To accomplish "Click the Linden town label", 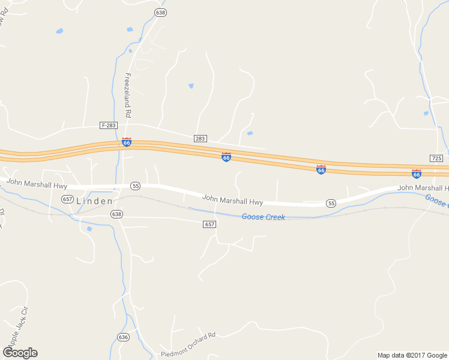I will point(94,201).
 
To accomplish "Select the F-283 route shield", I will point(109,125).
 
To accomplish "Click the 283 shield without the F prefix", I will point(200,139).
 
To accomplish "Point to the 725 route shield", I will point(436,158).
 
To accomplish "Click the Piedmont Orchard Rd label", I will point(188,345).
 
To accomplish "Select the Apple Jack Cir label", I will point(16,326).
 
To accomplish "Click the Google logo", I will point(20,352).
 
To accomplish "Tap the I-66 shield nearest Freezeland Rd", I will point(127,142).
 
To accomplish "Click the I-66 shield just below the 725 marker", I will point(417,173).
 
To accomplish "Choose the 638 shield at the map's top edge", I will point(160,12).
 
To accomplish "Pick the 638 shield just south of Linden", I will point(116,214).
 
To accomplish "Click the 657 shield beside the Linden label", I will point(67,199).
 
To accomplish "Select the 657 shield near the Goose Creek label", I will point(209,224).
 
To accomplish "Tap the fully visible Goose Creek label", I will point(263,217).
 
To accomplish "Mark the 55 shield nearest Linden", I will point(136,186).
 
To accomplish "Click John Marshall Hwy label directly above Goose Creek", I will point(232,199).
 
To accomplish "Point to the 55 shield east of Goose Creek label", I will point(331,204).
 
